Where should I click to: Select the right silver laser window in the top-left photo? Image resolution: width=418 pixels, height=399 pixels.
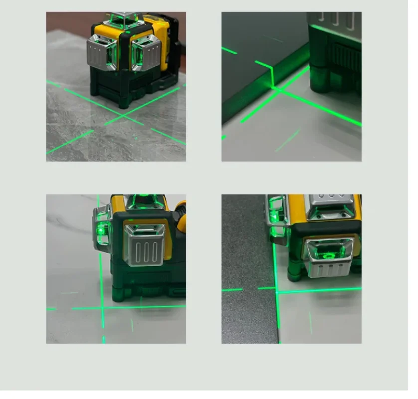tap(146, 52)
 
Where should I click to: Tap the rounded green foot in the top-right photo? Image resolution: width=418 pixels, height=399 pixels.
tap(320, 80)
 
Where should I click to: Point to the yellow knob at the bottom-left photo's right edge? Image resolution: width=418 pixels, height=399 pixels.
tap(181, 207)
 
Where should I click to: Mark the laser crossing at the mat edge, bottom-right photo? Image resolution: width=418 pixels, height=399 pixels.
tap(276, 289)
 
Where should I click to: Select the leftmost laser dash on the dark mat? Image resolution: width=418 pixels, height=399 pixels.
tap(232, 290)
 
